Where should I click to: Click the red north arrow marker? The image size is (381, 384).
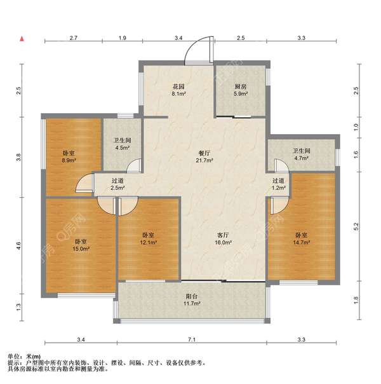[22, 38]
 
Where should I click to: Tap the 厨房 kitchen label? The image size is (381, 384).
[241, 86]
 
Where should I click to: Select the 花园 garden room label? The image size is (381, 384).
[178, 86]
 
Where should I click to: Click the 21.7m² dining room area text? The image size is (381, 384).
[204, 161]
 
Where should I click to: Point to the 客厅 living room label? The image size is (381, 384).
[223, 235]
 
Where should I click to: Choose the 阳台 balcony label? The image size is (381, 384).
[192, 296]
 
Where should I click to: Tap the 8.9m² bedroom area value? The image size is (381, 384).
[69, 161]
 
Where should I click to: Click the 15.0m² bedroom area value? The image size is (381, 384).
[81, 249]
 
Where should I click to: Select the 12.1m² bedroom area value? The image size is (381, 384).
[148, 242]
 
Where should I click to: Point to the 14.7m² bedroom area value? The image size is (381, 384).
[302, 242]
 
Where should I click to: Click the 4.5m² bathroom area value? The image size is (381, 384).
[123, 148]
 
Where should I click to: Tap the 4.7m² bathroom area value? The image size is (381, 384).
[301, 158]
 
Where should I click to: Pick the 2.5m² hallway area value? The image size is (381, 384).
[118, 188]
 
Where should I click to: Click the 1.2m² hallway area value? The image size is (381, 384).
[279, 188]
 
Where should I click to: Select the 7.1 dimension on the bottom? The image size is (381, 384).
[192, 339]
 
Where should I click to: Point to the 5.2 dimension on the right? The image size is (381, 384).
[356, 226]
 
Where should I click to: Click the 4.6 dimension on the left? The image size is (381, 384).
[18, 245]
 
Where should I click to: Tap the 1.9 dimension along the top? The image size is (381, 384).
[123, 38]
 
